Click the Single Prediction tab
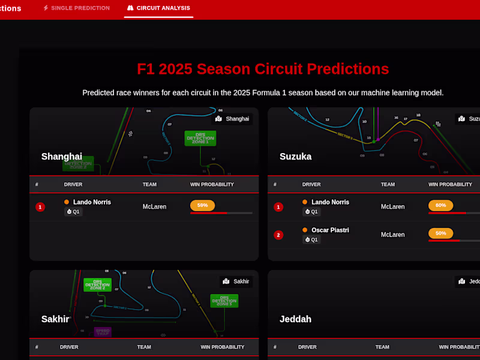click(76, 8)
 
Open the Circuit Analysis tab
click(158, 8)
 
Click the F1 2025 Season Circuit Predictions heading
click(263, 69)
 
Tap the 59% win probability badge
click(202, 205)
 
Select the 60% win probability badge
click(440, 205)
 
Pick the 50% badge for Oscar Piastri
click(440, 233)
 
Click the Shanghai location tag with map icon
click(233, 119)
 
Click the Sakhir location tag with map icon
click(236, 281)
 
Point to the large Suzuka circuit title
click(296, 157)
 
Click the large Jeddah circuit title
click(295, 319)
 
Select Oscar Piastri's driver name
click(330, 230)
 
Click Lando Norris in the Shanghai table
click(92, 202)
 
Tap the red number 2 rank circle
click(278, 235)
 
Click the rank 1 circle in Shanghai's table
click(40, 207)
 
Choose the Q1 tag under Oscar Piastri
click(311, 239)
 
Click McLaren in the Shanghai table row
click(154, 207)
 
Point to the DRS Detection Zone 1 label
click(200, 138)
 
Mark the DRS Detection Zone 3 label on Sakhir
click(224, 301)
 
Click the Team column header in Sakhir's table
click(144, 347)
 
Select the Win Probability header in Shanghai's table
click(212, 184)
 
